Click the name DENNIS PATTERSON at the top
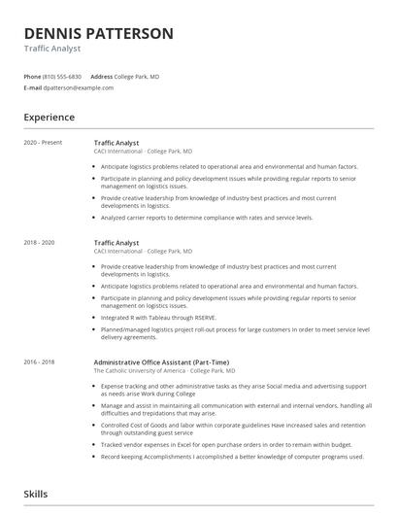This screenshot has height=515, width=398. (99, 33)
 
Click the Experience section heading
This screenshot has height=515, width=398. (50, 118)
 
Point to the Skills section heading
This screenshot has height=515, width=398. (35, 495)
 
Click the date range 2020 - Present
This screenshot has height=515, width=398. (43, 143)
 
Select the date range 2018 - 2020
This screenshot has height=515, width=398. (40, 242)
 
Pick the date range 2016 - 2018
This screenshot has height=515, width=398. (40, 361)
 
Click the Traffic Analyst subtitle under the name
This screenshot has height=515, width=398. (52, 49)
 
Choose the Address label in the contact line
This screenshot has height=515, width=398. (101, 76)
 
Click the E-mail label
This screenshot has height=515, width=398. (32, 87)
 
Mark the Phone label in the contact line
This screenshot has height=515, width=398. (32, 76)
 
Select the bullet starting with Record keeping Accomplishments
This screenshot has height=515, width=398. (232, 456)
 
